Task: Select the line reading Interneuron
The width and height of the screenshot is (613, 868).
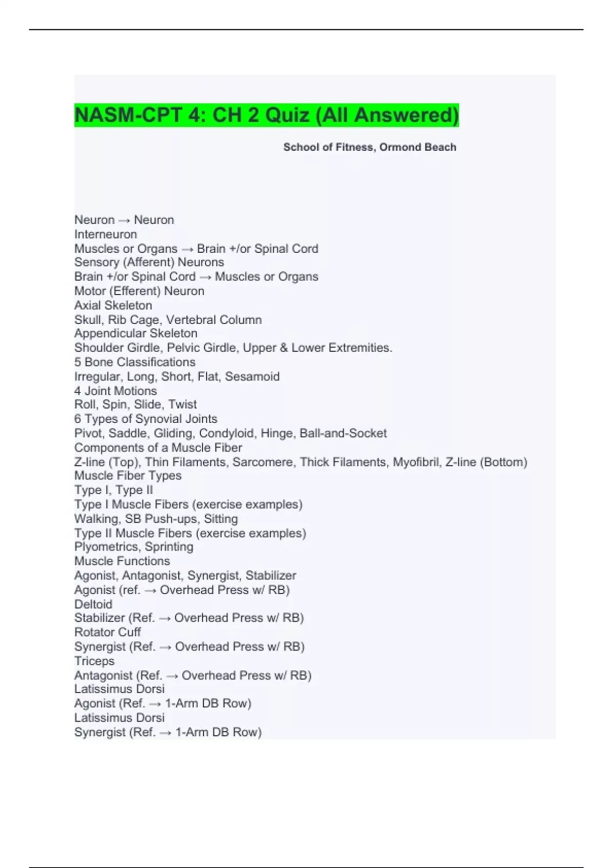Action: tap(106, 234)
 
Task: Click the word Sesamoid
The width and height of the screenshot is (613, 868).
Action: tap(252, 376)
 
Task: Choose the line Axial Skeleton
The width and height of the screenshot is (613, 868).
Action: tap(113, 305)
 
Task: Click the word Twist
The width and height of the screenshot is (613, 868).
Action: tap(182, 404)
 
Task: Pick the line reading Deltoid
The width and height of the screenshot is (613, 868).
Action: tap(93, 604)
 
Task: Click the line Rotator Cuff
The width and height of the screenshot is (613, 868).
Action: tap(107, 632)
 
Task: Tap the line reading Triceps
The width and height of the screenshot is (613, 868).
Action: tap(94, 661)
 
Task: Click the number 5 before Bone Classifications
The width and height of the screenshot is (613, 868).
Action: tap(78, 362)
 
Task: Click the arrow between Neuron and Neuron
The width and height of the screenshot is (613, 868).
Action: tap(124, 220)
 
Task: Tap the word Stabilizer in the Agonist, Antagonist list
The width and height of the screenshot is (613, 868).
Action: tap(271, 575)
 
